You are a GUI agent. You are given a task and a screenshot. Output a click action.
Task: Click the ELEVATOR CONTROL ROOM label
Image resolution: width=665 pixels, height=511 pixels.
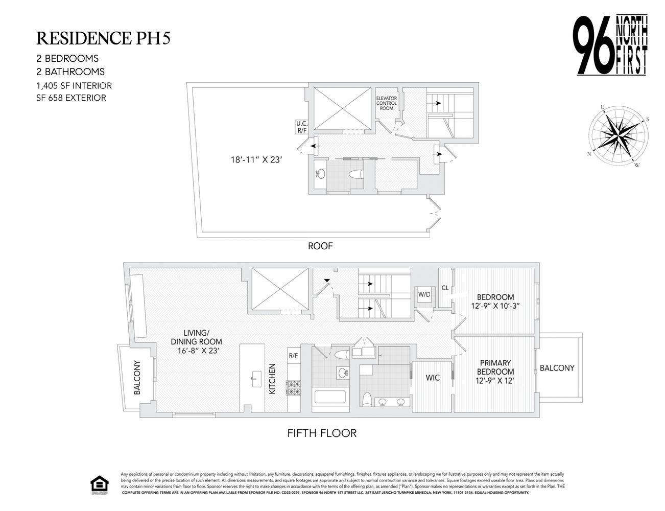click(x=386, y=103)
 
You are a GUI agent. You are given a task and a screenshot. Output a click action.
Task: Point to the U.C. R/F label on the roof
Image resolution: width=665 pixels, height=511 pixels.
click(x=301, y=127)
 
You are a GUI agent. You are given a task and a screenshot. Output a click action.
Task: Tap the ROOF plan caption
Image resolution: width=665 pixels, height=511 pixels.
click(x=320, y=246)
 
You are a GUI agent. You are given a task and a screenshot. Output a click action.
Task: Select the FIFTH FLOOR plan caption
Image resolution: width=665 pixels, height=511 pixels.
click(x=321, y=433)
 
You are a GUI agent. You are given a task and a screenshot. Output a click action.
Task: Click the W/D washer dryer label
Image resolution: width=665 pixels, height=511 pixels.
click(x=424, y=294)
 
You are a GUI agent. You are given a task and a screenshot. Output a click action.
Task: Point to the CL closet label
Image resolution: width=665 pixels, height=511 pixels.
click(x=445, y=288)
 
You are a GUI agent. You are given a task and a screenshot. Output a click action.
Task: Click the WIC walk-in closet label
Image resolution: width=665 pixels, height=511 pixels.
click(x=433, y=378)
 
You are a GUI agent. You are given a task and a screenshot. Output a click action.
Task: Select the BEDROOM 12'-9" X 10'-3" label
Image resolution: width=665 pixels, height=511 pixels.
click(x=495, y=301)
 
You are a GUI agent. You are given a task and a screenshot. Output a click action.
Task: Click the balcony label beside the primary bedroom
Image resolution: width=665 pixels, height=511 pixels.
click(x=557, y=368)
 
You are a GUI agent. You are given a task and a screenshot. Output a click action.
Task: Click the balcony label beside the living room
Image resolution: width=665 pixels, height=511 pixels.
click(x=137, y=379)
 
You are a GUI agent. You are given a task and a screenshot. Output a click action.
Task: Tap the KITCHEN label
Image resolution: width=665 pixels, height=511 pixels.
click(x=273, y=379)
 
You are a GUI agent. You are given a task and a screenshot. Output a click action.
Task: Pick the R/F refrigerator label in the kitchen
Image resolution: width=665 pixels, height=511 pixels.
click(x=293, y=356)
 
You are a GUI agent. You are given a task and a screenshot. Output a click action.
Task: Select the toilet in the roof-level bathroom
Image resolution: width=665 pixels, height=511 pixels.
click(x=355, y=174)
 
